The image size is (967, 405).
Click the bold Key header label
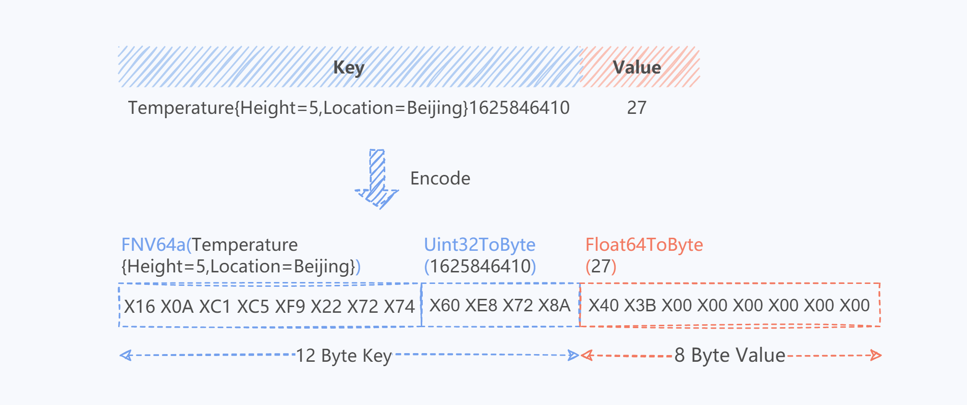coord(349,68)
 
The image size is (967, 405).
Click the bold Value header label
coord(637,67)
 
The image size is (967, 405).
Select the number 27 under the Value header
coord(637,108)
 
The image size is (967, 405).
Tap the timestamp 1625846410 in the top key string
coord(519,108)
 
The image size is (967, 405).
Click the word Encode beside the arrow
coord(440,178)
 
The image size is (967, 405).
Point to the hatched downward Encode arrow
coord(377,179)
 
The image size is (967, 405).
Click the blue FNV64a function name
coord(153,245)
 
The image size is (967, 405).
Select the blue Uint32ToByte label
coord(479,245)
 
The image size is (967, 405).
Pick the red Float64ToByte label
coord(644,245)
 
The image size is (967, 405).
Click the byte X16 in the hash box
coord(140,307)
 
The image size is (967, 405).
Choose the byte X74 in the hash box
coord(399,307)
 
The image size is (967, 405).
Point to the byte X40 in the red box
coord(604,306)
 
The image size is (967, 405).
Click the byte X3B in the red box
coord(640,306)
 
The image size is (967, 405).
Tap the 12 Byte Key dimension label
coord(344,356)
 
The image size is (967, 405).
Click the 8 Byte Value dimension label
coord(730,356)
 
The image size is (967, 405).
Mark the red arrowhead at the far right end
coord(876,356)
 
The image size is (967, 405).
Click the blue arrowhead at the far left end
coord(126,356)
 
